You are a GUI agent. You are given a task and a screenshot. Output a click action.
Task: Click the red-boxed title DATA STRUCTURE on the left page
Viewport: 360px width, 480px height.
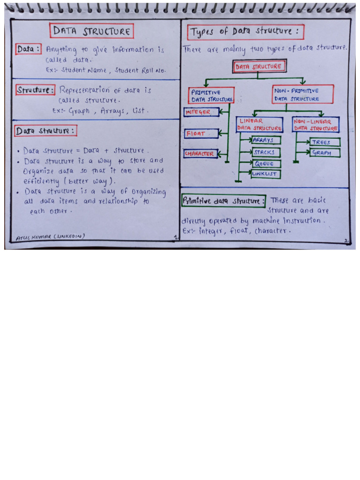point(92,31)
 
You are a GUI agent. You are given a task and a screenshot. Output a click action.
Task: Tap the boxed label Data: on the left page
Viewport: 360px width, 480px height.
point(29,49)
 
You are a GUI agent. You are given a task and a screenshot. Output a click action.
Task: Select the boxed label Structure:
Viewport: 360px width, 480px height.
point(36,90)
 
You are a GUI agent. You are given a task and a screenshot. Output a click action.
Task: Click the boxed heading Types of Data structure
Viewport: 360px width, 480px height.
point(246,32)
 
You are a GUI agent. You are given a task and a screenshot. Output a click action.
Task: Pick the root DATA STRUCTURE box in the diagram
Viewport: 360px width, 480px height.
point(259,67)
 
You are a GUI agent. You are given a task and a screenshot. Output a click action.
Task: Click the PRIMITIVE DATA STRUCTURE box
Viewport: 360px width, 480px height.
point(212,96)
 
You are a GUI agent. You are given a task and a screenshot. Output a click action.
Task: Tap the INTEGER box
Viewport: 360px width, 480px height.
point(201,112)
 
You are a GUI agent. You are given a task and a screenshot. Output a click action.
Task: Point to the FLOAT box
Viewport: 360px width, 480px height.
point(201,134)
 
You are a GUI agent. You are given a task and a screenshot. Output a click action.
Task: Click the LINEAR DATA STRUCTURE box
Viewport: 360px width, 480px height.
point(260,124)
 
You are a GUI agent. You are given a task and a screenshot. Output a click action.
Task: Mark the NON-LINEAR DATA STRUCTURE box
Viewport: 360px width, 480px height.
point(315,124)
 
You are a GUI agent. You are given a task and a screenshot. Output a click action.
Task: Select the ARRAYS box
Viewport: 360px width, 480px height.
point(266,140)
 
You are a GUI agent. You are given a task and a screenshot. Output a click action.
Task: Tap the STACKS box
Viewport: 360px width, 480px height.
point(266,152)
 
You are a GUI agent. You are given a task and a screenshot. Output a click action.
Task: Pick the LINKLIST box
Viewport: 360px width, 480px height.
point(265,174)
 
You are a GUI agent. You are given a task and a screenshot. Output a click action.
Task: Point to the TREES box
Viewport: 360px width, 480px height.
point(324,142)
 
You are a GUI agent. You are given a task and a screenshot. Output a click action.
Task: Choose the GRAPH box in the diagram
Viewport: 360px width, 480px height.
point(324,153)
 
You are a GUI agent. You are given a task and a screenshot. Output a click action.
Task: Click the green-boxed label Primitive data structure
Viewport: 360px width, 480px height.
point(223,201)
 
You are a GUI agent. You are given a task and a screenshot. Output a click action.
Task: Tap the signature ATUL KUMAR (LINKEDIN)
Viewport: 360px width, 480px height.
point(51,237)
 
